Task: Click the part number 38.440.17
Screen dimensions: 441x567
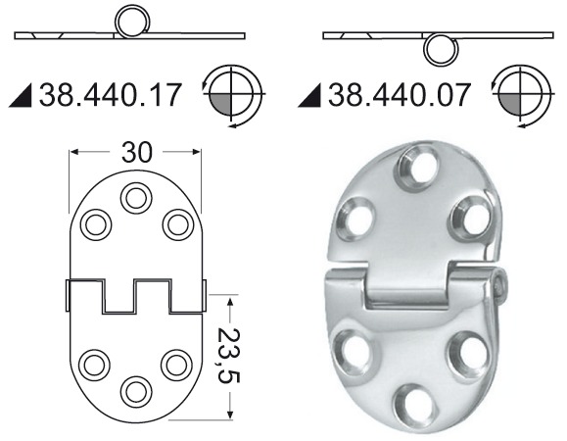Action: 109,95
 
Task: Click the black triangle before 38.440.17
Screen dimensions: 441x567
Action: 24,97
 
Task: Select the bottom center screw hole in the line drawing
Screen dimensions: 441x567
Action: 134,390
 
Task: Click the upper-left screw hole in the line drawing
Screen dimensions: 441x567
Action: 95,224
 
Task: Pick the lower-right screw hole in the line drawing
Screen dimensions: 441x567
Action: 175,364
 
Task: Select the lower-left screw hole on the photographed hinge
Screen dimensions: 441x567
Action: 350,345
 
